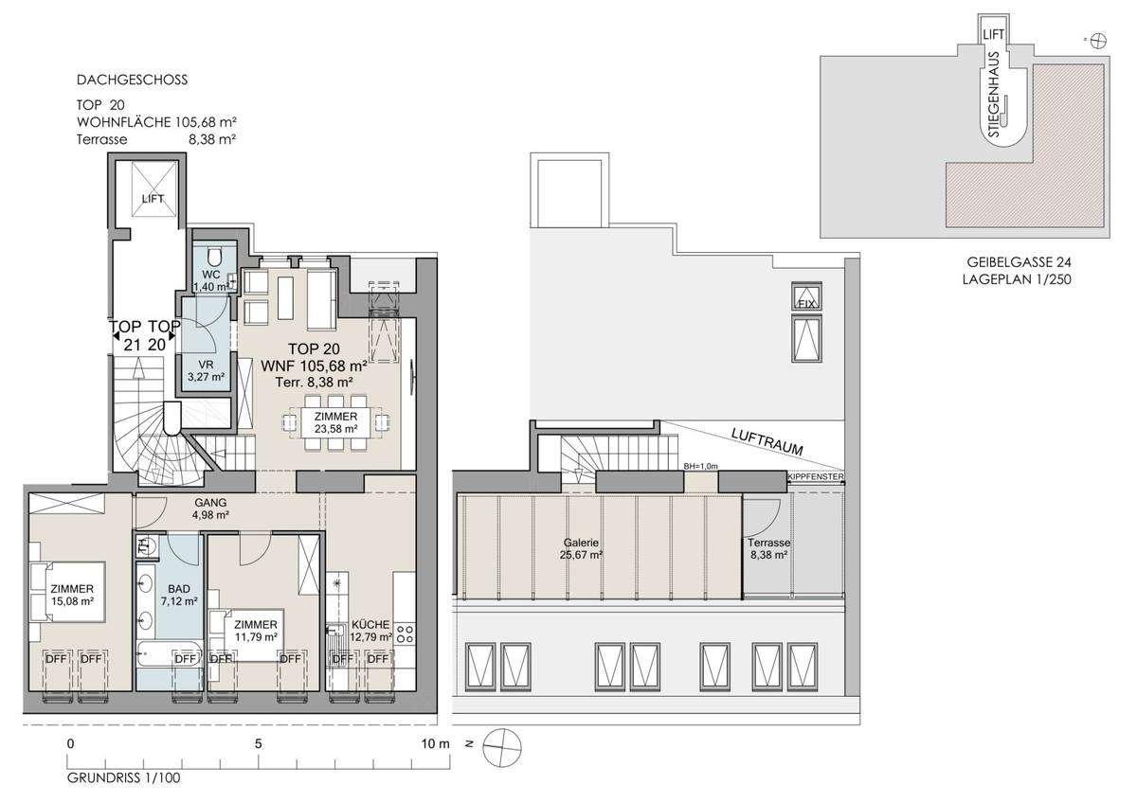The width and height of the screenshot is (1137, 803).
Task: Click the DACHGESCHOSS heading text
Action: [132, 80]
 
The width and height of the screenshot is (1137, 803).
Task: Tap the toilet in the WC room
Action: [214, 257]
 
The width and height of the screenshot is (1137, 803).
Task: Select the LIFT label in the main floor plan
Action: [153, 199]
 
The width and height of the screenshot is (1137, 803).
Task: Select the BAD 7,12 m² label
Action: [178, 595]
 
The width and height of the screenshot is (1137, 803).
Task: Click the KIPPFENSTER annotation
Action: [815, 477]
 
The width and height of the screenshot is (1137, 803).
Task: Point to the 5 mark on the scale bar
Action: [258, 743]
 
